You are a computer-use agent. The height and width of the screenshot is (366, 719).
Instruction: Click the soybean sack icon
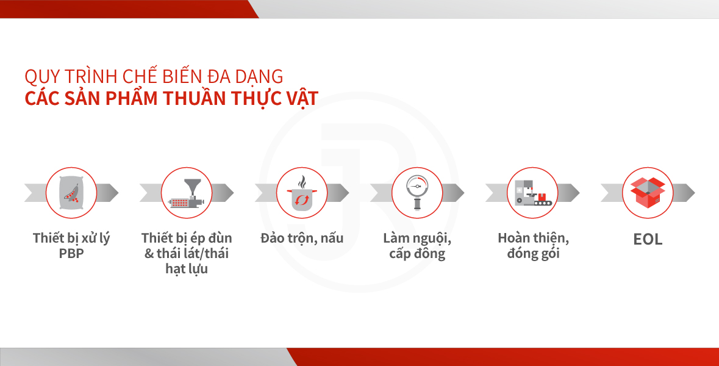click(71, 193)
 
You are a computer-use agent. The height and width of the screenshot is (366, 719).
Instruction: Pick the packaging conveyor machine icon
click(533, 193)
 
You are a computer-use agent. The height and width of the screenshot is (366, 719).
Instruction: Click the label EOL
click(648, 239)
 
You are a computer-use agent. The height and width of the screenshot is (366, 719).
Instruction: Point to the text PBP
click(71, 253)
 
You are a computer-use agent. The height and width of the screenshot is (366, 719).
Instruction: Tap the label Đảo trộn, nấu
click(302, 239)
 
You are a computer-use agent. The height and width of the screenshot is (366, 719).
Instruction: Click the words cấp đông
click(417, 254)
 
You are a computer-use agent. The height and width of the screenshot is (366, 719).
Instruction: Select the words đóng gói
click(533, 254)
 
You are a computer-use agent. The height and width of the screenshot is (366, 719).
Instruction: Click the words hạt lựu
click(187, 269)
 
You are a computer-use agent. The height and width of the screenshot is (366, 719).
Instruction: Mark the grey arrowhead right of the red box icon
click(684, 193)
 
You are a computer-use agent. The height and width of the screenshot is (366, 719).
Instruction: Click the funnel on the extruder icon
click(193, 187)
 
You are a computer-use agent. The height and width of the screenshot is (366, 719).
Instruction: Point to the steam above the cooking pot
click(302, 182)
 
